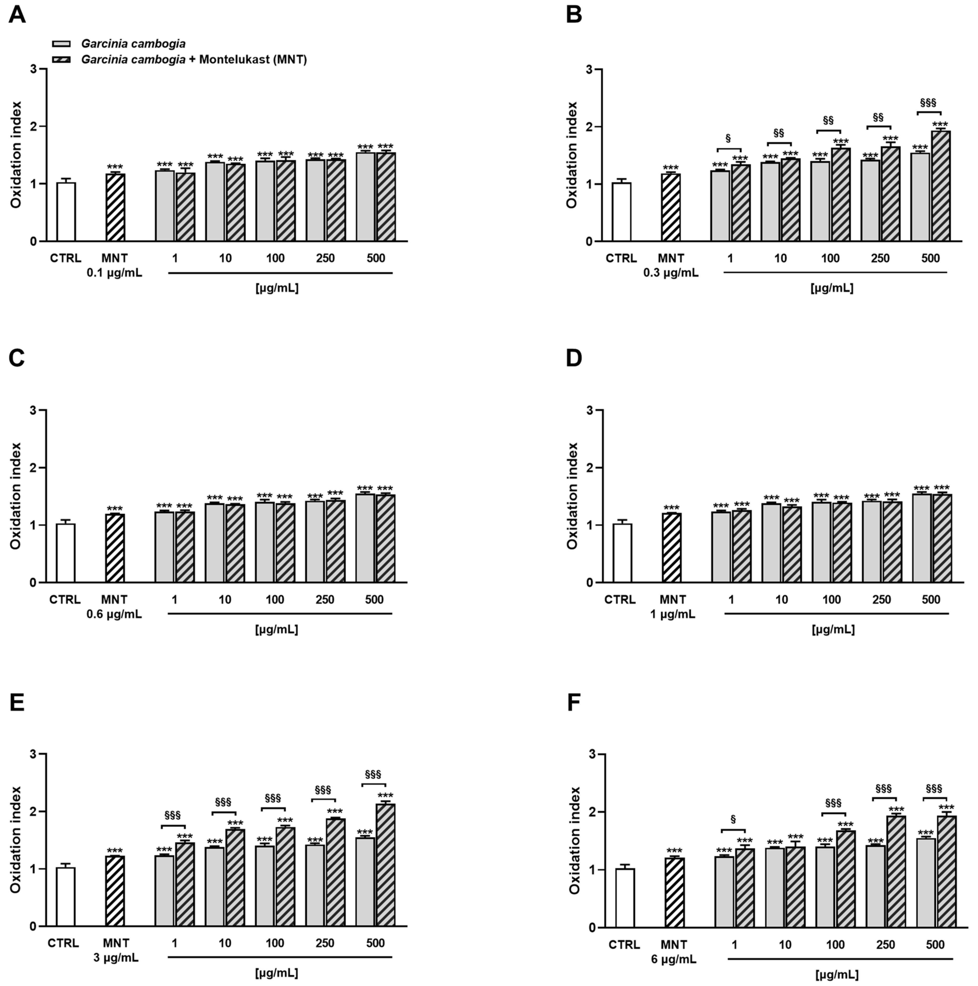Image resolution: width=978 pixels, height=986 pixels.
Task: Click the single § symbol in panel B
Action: pyautogui.click(x=728, y=138)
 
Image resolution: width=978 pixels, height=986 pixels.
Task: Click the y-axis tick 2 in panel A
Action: pyautogui.click(x=34, y=127)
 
